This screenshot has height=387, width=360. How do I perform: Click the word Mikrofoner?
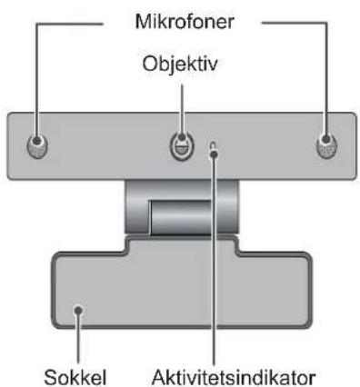pyautogui.click(x=185, y=22)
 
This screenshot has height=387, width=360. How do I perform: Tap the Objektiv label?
pyautogui.click(x=180, y=64)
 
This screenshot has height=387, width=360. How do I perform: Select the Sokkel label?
pyautogui.click(x=75, y=377)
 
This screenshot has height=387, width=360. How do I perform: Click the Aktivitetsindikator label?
pyautogui.click(x=234, y=377)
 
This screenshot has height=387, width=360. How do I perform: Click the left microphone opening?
pyautogui.click(x=37, y=145)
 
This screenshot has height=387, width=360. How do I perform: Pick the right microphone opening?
pyautogui.click(x=326, y=145)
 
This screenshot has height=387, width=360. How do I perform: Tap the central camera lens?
pyautogui.click(x=182, y=146)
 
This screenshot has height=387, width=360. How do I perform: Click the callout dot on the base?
pyautogui.click(x=78, y=310)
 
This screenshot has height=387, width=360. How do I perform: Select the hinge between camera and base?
pyautogui.click(x=182, y=207)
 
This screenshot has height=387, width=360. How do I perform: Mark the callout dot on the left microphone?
pyautogui.click(x=37, y=141)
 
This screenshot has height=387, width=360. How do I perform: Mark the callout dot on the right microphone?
pyautogui.click(x=326, y=139)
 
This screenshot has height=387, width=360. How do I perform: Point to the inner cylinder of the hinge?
pyautogui.click(x=181, y=217)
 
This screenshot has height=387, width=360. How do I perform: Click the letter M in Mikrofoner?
pyautogui.click(x=143, y=22)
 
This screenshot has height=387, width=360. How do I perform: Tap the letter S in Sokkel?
pyautogui.click(x=51, y=377)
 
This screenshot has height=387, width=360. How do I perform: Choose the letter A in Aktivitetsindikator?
pyautogui.click(x=159, y=377)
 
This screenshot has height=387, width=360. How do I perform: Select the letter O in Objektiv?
pyautogui.click(x=150, y=64)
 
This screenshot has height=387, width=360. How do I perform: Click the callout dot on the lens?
pyautogui.click(x=182, y=137)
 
